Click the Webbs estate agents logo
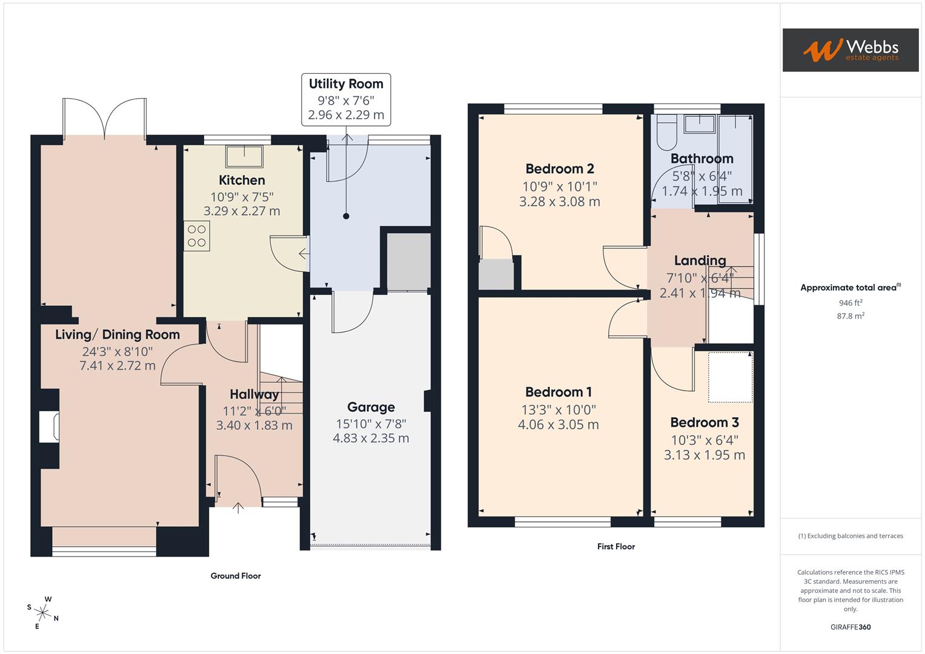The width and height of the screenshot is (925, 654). point(850,50)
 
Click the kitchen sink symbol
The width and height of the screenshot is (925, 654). point(245,156)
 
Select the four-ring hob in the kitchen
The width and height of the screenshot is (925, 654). point(197,236)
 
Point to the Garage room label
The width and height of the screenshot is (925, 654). point(371,408)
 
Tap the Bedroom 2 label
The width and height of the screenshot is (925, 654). point(559,169)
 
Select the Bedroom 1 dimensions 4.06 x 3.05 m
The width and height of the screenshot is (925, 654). point(558,425)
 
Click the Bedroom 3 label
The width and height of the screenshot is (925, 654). point(704,423)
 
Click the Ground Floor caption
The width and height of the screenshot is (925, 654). point(236,576)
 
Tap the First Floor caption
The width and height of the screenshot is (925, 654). point(615,546)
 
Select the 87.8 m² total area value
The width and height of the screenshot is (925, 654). point(850,316)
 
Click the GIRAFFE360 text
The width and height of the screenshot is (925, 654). point(850,627)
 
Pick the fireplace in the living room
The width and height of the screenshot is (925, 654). point(49,426)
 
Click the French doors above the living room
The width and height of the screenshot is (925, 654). point(104,118)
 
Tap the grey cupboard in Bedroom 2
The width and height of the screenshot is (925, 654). point(496,274)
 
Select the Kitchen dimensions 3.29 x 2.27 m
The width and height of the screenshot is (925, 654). point(242,211)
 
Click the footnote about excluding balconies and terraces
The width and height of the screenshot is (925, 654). point(850,536)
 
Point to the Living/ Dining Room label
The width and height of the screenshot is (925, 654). point(118,335)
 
